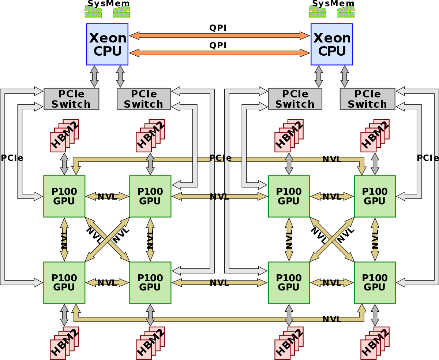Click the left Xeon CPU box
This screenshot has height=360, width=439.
point(107,44)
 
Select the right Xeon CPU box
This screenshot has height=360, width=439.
point(332,44)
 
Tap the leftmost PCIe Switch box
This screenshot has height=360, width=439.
point(71,99)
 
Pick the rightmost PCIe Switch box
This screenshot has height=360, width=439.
point(367,99)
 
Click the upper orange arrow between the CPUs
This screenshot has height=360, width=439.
point(219,36)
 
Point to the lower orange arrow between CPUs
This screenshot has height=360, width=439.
point(219,53)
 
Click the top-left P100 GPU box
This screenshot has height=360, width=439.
point(64,196)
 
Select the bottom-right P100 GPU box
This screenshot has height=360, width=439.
point(375,283)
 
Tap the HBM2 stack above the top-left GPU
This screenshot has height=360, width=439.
point(64,135)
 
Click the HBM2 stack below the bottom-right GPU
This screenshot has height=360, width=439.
point(375,343)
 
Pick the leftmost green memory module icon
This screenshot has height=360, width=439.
point(93,12)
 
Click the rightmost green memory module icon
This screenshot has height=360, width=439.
point(346,12)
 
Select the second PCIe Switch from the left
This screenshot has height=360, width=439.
point(144,99)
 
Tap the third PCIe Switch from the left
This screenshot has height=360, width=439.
point(295,99)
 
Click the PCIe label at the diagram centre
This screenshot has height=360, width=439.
point(221,158)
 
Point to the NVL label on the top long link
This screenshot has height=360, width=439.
point(332,159)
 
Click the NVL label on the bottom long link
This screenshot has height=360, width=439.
point(332,319)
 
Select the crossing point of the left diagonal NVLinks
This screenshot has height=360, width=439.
point(107,240)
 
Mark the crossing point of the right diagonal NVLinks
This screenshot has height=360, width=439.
point(332,240)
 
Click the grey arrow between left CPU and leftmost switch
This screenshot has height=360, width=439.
point(94,77)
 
